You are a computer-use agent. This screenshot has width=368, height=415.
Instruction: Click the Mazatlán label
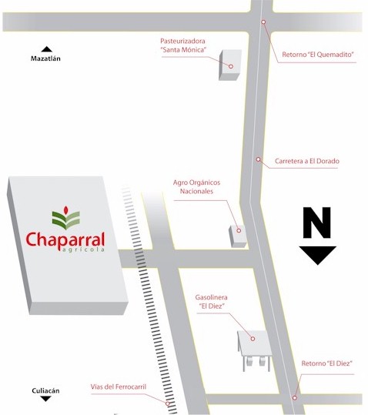tap(45, 59)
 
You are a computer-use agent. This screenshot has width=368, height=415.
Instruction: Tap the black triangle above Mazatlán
tap(47, 49)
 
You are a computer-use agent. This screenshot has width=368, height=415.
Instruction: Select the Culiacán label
tap(45, 390)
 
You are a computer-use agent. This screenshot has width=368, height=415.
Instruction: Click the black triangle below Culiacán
tap(45, 399)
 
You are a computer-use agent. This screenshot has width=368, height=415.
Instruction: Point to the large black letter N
tap(317, 223)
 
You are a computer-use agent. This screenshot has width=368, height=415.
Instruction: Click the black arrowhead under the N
tap(318, 255)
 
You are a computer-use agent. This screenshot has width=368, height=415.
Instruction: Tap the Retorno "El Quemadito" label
tap(318, 55)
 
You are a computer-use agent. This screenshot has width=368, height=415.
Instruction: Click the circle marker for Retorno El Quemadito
tap(263, 22)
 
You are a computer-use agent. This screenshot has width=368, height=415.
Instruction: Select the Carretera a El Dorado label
tap(307, 161)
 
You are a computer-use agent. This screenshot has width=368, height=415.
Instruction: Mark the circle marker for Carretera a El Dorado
tap(258, 159)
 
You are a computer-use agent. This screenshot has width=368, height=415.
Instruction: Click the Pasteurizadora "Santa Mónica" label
tap(183, 45)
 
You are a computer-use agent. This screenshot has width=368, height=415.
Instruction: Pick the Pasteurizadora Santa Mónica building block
tap(230, 65)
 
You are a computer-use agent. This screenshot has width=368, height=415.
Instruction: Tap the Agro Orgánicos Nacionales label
tap(196, 186)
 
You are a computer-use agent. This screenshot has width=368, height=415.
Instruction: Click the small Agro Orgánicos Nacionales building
tap(238, 236)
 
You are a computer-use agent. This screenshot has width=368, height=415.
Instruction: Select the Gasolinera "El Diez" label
tap(212, 302)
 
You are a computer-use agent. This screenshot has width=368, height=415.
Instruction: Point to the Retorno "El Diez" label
tap(326, 363)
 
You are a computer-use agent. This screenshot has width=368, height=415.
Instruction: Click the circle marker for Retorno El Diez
tap(294, 398)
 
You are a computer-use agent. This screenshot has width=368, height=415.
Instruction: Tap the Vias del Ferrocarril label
tap(119, 387)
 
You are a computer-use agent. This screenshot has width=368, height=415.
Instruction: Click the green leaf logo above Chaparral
tap(66, 218)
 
